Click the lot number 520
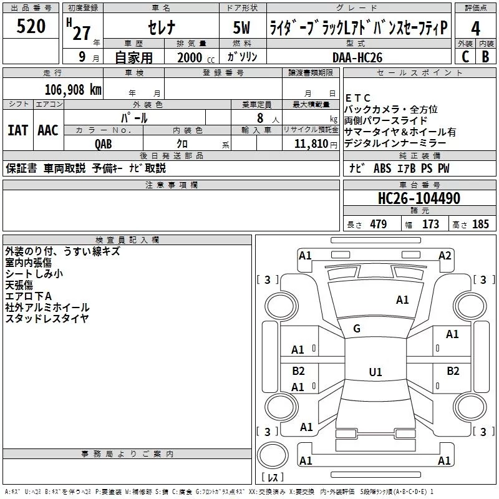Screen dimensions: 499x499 pos(31,27)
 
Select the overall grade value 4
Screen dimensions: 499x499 pos(476,29)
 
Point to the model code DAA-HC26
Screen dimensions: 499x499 pos(357,57)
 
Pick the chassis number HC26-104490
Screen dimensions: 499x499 pos(419,199)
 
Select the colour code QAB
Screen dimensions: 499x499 pos(103,143)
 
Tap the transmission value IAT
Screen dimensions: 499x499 pos(17,130)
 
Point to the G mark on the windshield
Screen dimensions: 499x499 pos(357,329)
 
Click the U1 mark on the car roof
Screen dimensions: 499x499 pos(375,372)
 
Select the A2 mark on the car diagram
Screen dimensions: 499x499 pos(445,255)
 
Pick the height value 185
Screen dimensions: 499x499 pos(481,225)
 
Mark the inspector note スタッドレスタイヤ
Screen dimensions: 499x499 pos(47,318)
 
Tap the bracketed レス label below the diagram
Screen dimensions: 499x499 pos(272,478)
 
